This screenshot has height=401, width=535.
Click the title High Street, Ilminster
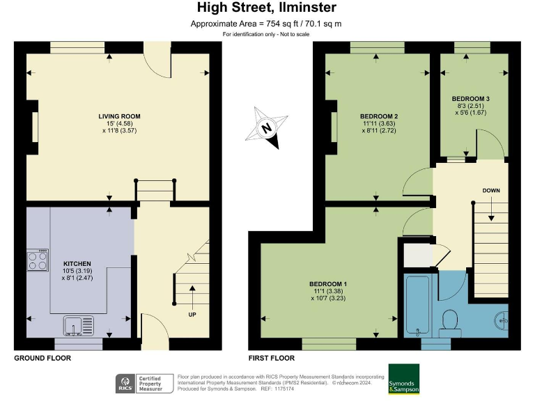pos(267,8)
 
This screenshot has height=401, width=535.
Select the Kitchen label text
pos(77,264)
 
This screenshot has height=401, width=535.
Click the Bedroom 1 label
pos(328,284)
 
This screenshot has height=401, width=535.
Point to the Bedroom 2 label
pos(378,116)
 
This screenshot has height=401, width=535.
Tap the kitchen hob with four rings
pos(38,260)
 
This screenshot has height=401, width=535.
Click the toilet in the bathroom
pos(449,320)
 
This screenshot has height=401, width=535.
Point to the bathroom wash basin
pos(502,322)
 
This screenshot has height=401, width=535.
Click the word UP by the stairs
pos(192,314)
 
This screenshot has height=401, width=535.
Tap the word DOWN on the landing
pos(491,190)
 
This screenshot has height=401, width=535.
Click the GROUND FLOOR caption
pos(42,358)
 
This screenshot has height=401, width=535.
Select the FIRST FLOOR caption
pos(271,358)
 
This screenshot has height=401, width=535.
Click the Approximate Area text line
pos(267,24)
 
